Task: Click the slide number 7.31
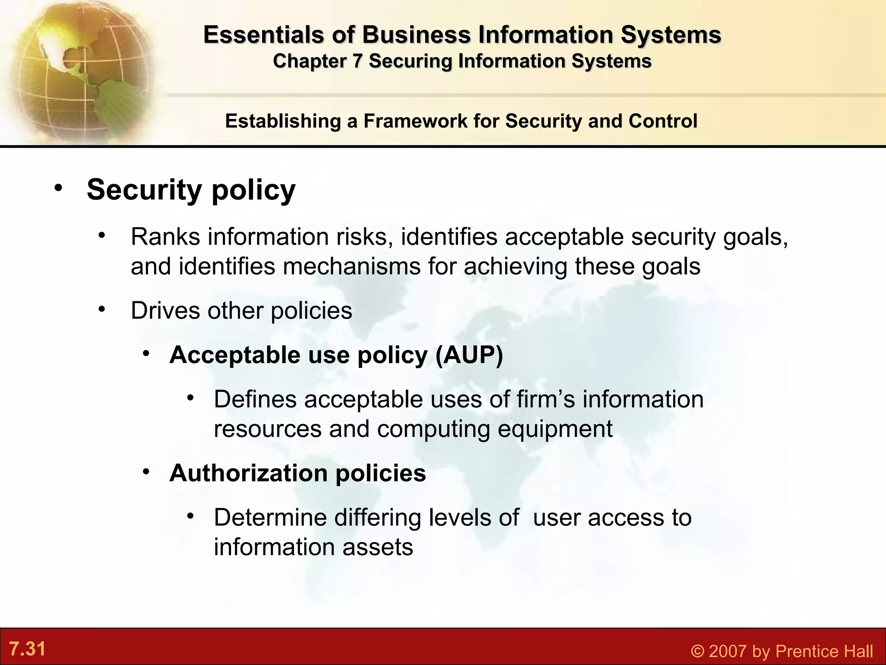(x=27, y=649)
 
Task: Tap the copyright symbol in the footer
(x=697, y=651)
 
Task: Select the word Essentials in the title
(x=263, y=35)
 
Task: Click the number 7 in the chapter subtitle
(x=356, y=61)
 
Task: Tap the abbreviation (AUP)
(x=469, y=355)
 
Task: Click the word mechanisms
(x=351, y=266)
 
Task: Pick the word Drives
(x=165, y=310)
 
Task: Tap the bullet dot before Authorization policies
(x=147, y=471)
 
